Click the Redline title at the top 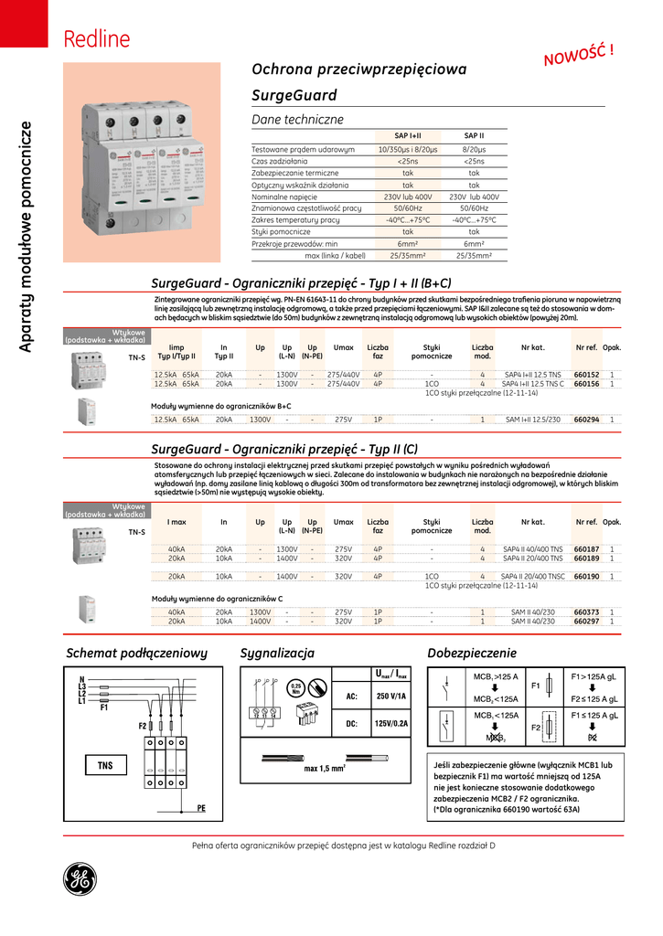click(96, 40)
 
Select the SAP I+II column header click(408, 135)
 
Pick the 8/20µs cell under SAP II click(474, 148)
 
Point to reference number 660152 click(586, 375)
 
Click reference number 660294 click(586, 419)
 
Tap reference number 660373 click(586, 612)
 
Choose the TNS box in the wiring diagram click(105, 764)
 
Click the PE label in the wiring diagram click(202, 808)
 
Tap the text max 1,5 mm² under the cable click(325, 769)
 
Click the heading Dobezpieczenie click(472, 654)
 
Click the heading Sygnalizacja click(277, 654)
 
